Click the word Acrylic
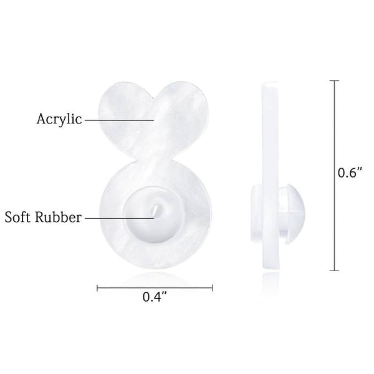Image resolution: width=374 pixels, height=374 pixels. click(59, 120)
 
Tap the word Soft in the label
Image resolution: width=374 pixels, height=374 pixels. click(17, 217)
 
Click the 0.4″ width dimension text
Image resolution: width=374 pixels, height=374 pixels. click(155, 297)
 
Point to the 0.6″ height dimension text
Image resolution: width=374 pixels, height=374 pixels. click(350, 173)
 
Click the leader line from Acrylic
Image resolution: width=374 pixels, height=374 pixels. click(120, 120)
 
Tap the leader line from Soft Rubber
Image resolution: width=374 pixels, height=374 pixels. click(120, 218)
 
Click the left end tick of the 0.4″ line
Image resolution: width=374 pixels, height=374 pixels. click(97, 288)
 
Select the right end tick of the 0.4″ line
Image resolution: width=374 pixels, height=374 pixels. click(212, 288)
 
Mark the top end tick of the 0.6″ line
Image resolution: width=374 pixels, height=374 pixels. click(334, 81)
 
